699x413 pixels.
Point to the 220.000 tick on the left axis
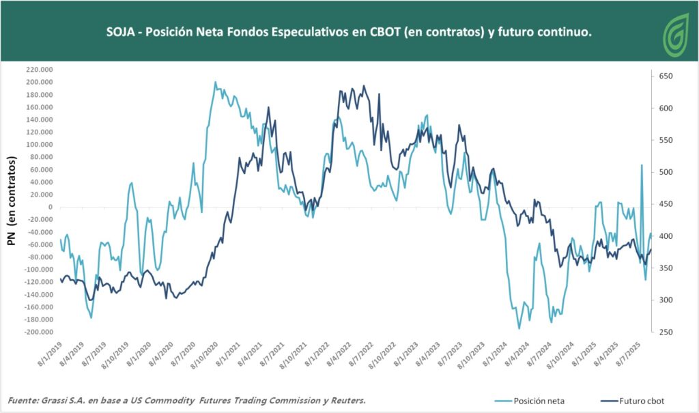(38, 70)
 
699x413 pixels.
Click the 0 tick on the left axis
(51, 207)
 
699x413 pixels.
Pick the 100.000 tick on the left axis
(38, 145)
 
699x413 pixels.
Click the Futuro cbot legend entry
(634, 401)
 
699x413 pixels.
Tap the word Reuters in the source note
(343, 400)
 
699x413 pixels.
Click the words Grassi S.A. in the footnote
(71, 400)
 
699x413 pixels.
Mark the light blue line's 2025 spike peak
(642, 165)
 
